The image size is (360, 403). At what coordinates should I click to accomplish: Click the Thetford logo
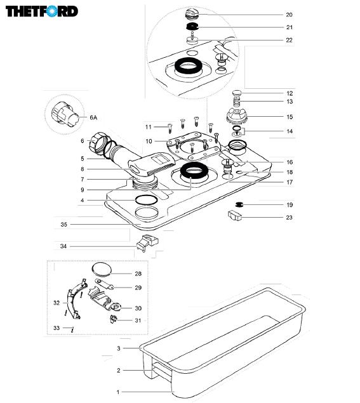pos(42,11)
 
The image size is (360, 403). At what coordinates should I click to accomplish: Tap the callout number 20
pos(290,15)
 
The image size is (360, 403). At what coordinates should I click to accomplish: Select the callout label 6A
pos(93,117)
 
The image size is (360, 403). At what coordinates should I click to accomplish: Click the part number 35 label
pos(63,225)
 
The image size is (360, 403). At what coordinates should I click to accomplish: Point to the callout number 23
pos(290,218)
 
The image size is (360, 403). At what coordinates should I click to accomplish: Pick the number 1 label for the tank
pos(118,392)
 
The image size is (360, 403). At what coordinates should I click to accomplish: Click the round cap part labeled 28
pos(102,269)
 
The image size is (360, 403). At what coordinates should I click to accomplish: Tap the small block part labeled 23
pos(235,215)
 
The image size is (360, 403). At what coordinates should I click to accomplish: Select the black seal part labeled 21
pos(192,26)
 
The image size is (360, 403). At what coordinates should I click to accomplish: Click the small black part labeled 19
pos(239,204)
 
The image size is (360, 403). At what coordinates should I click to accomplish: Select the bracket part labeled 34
pos(147,242)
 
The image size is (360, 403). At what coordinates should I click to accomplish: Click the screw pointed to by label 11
pos(170,128)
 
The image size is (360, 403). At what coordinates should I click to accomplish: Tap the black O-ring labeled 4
pos(146,200)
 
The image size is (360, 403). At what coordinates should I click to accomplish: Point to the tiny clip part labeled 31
pos(114,319)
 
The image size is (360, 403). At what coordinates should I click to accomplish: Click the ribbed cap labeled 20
pos(192,13)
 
